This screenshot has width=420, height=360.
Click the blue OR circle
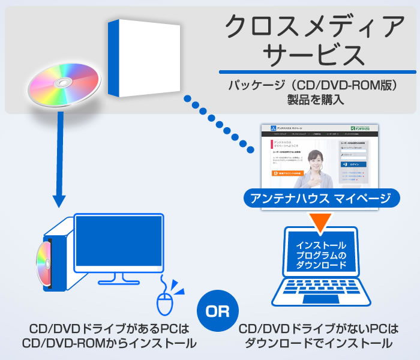point(217,311)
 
